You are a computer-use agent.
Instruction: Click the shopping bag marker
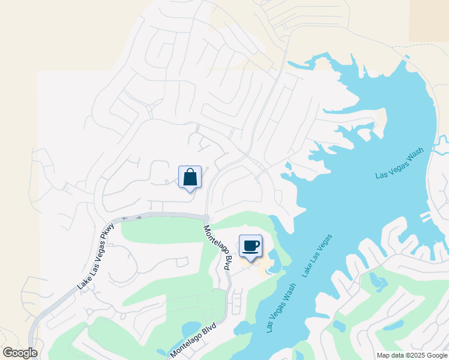coord(190,178)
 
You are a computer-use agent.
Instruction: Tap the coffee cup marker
coord(250,245)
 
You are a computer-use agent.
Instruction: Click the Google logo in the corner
coord(20,353)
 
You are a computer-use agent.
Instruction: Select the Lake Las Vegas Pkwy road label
coord(95,256)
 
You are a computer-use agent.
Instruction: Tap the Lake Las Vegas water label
coord(317,256)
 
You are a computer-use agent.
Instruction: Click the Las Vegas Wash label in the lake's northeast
coord(399,163)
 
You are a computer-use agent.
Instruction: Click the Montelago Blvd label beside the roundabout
coord(217,247)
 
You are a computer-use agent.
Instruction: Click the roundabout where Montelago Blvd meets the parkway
coord(206,218)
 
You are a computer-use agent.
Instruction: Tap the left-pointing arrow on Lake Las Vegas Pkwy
coord(125,218)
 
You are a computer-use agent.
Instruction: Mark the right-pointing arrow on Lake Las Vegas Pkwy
coord(138,217)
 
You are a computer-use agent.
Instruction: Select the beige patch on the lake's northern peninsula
coord(380,123)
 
